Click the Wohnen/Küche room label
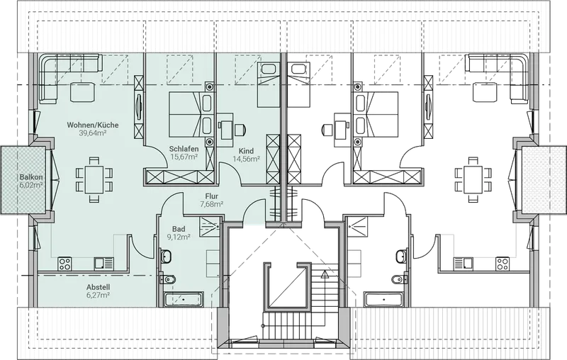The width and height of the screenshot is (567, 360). (93, 125)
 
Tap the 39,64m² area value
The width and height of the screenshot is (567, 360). (93, 133)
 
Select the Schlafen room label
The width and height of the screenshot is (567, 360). (184, 149)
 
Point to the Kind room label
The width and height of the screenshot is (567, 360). (246, 151)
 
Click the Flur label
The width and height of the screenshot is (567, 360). (211, 196)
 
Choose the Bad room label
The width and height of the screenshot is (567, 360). (179, 229)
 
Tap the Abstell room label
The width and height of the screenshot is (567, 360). (98, 287)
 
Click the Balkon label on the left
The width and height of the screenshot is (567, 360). (31, 177)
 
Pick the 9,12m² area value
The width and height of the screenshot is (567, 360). (179, 237)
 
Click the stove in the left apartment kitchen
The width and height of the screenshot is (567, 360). (64, 264)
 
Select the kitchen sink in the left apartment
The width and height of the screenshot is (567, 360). (103, 264)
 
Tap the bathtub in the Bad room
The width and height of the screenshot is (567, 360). (184, 300)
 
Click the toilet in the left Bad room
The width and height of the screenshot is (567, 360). (168, 279)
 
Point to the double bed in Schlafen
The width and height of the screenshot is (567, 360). (184, 115)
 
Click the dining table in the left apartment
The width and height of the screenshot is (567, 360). (94, 179)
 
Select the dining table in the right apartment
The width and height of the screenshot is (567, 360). (473, 179)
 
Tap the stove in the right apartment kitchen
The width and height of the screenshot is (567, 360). (503, 264)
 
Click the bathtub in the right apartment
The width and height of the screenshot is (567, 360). (383, 300)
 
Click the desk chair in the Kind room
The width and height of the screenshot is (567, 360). (240, 130)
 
